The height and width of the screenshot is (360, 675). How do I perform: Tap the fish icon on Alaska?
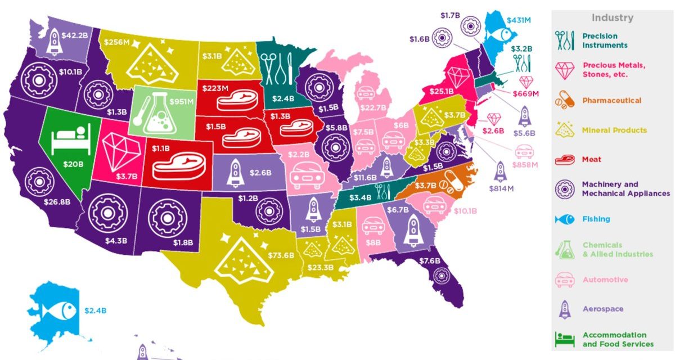click(58, 309)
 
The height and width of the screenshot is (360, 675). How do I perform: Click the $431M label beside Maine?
click(519, 20)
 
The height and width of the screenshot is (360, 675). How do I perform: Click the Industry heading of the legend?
click(612, 17)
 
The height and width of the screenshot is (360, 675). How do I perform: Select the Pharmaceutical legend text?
click(611, 101)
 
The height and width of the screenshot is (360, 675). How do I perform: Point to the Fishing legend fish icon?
click(565, 219)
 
